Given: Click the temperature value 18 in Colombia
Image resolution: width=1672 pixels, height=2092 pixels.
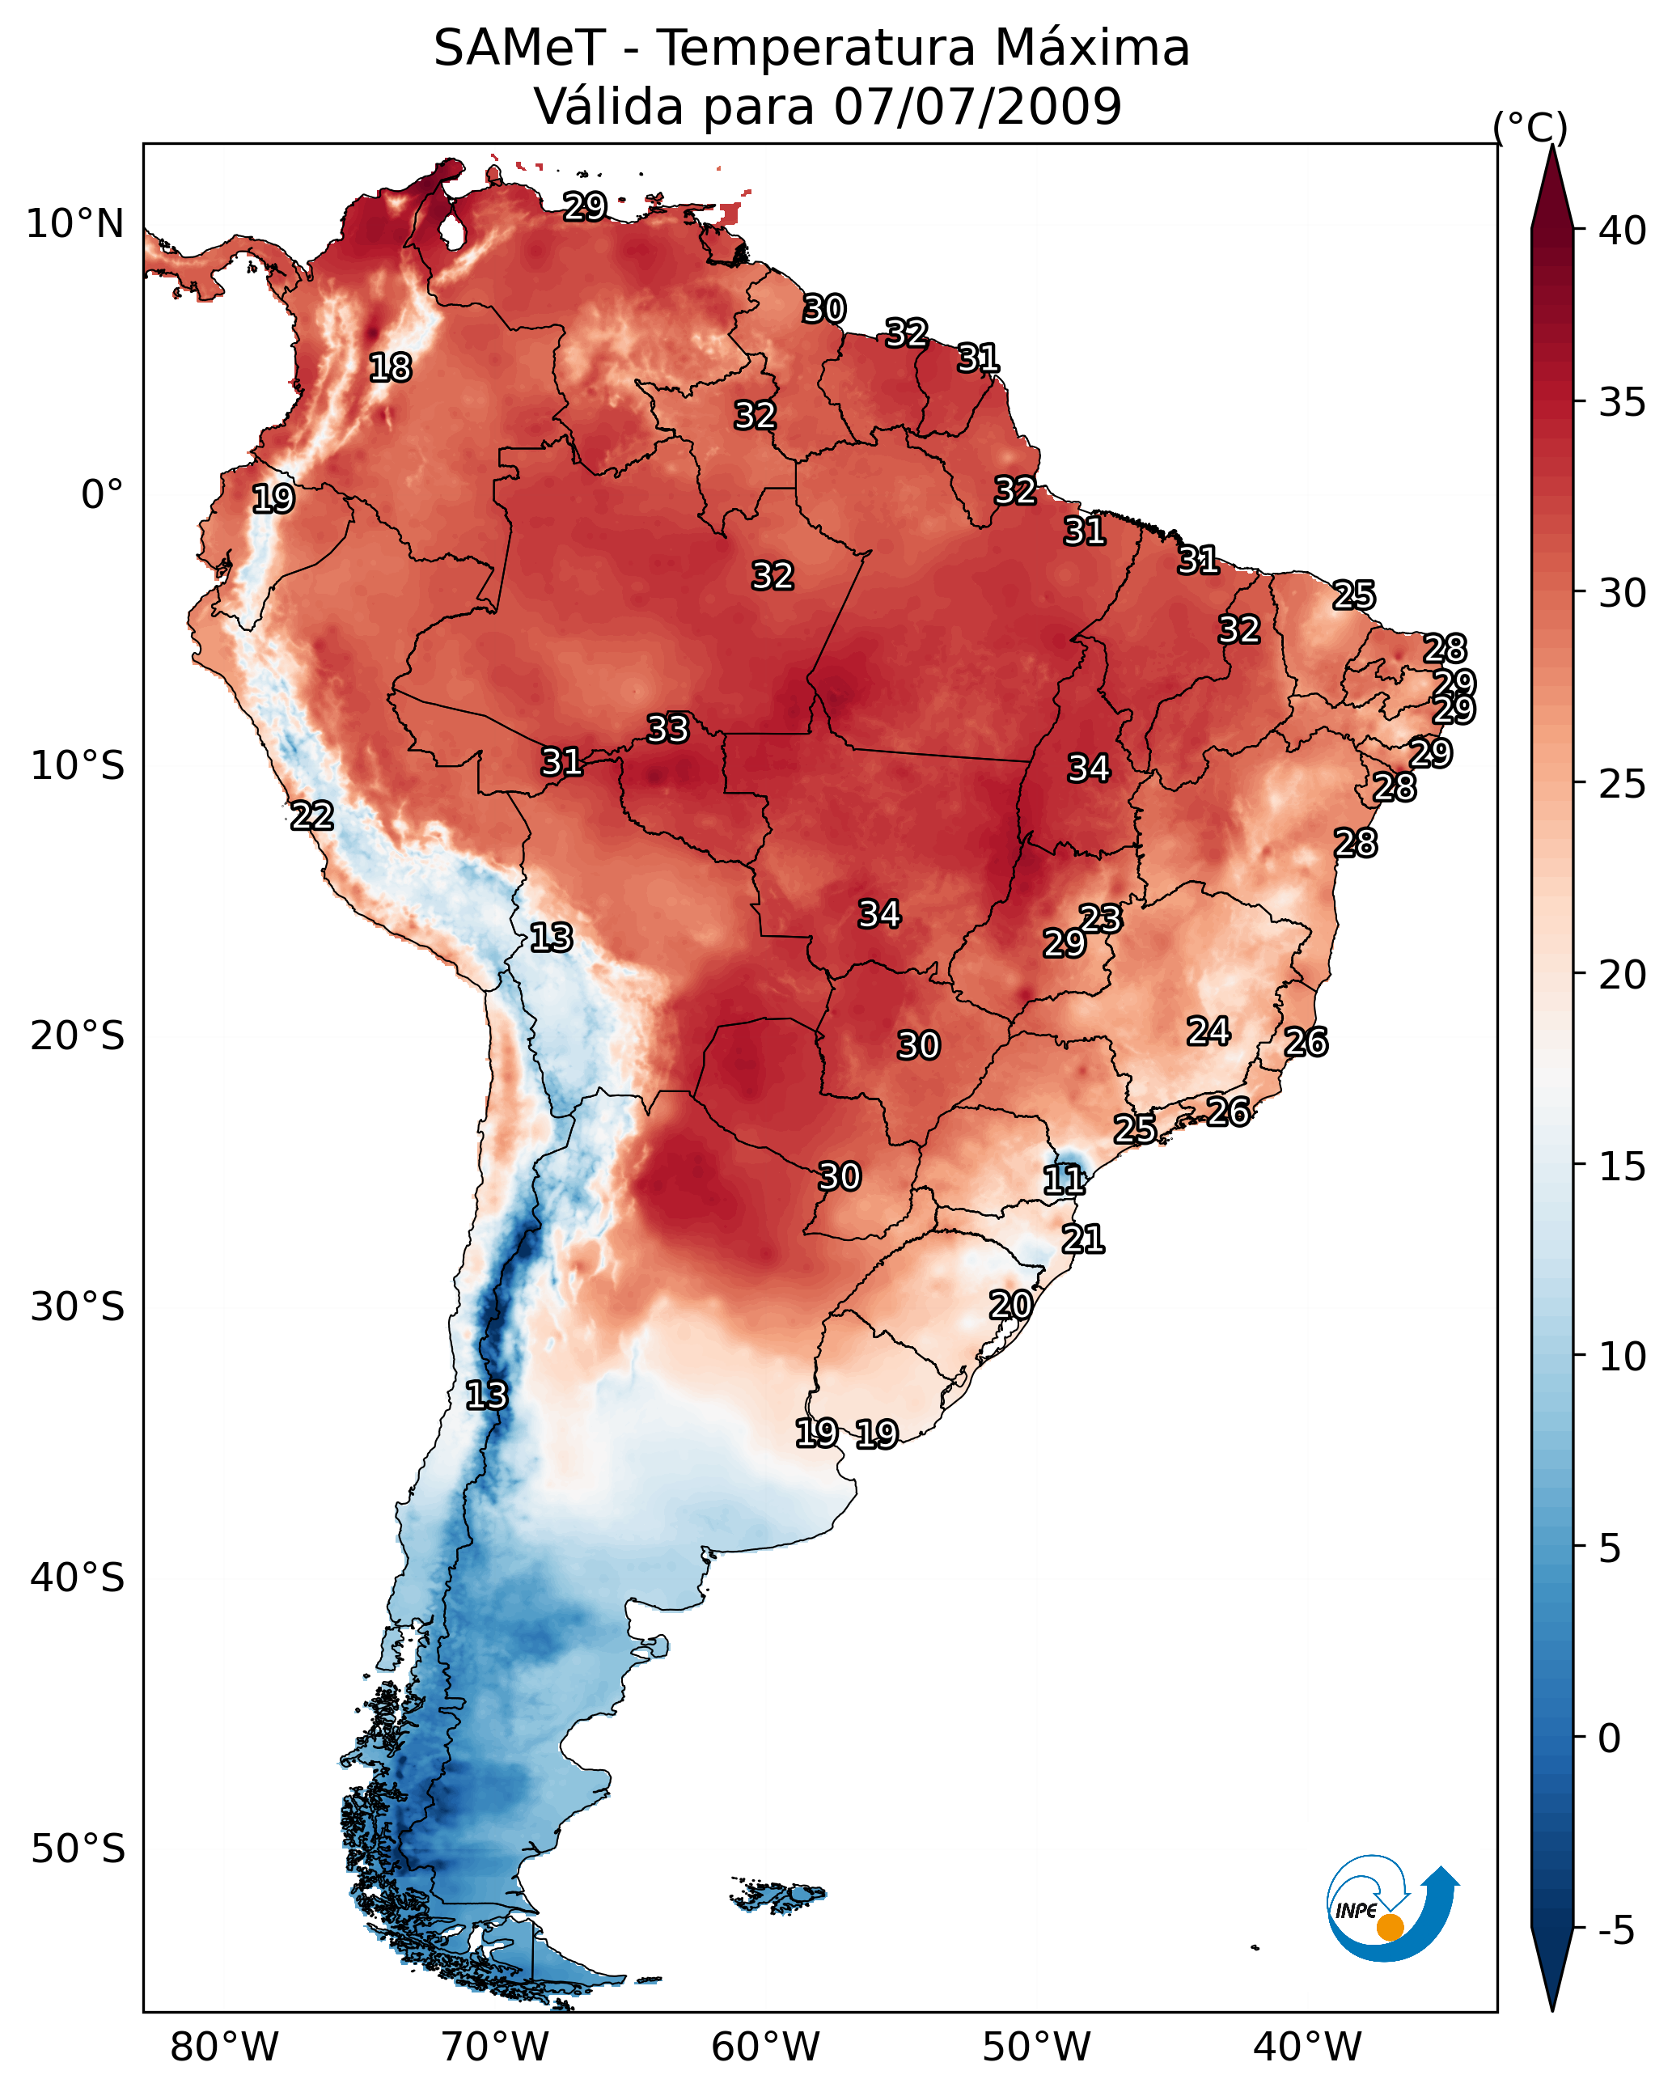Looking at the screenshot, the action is pyautogui.click(x=390, y=368).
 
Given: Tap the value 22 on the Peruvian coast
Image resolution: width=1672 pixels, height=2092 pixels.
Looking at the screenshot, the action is pyautogui.click(x=312, y=816).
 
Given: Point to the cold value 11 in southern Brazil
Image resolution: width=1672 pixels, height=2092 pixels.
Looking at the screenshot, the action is pyautogui.click(x=1064, y=1181).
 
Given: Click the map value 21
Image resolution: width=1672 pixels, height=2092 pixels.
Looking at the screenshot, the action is pyautogui.click(x=1083, y=1240).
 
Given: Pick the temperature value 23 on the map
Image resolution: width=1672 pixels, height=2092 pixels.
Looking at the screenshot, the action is pyautogui.click(x=1100, y=919).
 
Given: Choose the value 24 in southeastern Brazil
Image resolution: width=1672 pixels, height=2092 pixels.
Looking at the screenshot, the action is pyautogui.click(x=1209, y=1031).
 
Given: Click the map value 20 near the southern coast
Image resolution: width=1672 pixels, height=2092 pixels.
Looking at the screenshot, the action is pyautogui.click(x=1010, y=1305).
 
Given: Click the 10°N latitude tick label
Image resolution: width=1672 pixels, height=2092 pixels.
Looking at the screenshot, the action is pyautogui.click(x=74, y=224).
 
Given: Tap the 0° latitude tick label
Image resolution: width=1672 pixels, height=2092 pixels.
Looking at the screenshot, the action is pyautogui.click(x=103, y=495).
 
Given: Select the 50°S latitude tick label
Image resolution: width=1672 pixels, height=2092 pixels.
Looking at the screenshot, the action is pyautogui.click(x=78, y=1849).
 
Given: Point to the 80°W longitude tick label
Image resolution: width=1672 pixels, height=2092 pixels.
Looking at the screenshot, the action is pyautogui.click(x=224, y=2048).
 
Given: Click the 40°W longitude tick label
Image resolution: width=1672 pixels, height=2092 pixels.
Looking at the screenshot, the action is pyautogui.click(x=1307, y=2048).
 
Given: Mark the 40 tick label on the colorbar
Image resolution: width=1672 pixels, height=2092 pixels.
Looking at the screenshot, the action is pyautogui.click(x=1623, y=231).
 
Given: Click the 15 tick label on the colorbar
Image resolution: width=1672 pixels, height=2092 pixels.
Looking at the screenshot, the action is pyautogui.click(x=1623, y=1167).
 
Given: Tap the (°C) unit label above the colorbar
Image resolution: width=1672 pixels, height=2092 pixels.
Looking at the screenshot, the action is pyautogui.click(x=1530, y=128).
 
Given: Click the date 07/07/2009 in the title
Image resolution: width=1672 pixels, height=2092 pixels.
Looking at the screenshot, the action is pyautogui.click(x=977, y=107).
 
